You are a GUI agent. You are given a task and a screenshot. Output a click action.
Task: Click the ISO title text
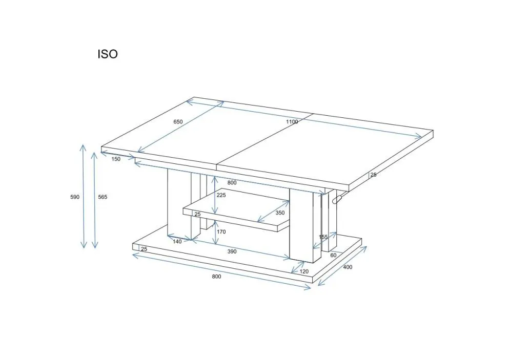[108, 54]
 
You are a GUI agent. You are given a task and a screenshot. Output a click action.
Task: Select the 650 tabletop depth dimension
[178, 122]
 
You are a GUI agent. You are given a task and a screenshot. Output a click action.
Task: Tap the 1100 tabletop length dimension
[292, 122]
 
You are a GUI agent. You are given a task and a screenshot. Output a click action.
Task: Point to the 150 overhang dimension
[116, 159]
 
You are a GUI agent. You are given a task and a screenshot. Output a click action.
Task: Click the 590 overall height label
[75, 197]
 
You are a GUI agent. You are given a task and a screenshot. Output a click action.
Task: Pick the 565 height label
[103, 197]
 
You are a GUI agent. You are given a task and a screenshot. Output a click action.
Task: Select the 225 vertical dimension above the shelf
[221, 195]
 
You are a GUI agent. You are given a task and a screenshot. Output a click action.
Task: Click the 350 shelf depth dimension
[280, 213]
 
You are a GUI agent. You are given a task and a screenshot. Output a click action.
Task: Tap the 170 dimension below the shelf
[221, 232]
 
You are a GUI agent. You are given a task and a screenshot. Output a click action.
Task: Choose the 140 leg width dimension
[177, 242]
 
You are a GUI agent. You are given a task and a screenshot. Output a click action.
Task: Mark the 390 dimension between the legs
[232, 252]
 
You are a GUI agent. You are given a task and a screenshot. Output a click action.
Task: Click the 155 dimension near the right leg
[323, 237]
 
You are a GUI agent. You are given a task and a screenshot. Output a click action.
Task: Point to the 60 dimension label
[333, 255]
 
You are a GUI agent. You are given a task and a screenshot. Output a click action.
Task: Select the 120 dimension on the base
[304, 271]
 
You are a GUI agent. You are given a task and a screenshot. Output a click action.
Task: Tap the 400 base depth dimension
[348, 267]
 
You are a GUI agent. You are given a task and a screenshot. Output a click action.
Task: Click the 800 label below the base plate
[216, 277]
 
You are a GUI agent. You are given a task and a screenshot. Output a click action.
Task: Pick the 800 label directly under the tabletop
[232, 183]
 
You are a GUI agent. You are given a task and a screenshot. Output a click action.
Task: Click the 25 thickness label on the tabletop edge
[373, 175]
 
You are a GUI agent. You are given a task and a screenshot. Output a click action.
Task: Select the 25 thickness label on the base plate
[144, 249]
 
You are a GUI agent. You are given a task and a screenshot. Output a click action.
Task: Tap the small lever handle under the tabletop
[338, 199]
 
